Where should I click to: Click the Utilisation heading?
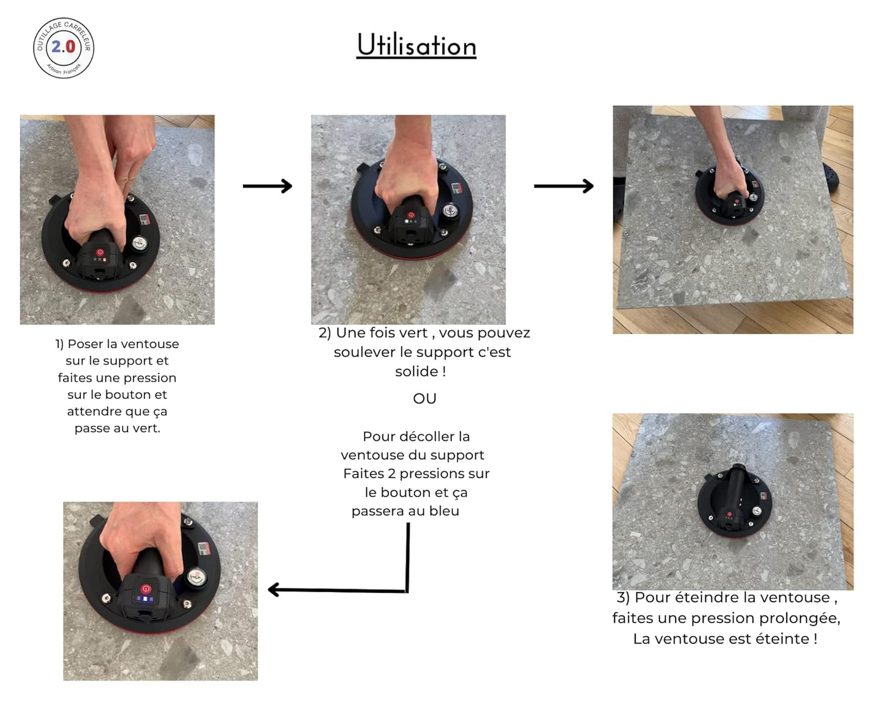416,45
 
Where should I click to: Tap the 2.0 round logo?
63,48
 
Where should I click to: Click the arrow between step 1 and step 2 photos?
267,186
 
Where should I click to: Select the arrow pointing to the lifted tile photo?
564,186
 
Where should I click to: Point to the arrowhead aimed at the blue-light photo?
274,590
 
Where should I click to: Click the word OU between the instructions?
424,399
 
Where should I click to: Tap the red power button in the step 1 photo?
99,252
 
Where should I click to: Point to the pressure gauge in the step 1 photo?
140,243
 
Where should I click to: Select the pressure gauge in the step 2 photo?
451,211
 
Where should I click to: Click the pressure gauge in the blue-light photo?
196,577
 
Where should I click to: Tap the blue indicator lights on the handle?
146,599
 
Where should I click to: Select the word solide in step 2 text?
416,371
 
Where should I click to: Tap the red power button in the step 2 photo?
410,215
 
